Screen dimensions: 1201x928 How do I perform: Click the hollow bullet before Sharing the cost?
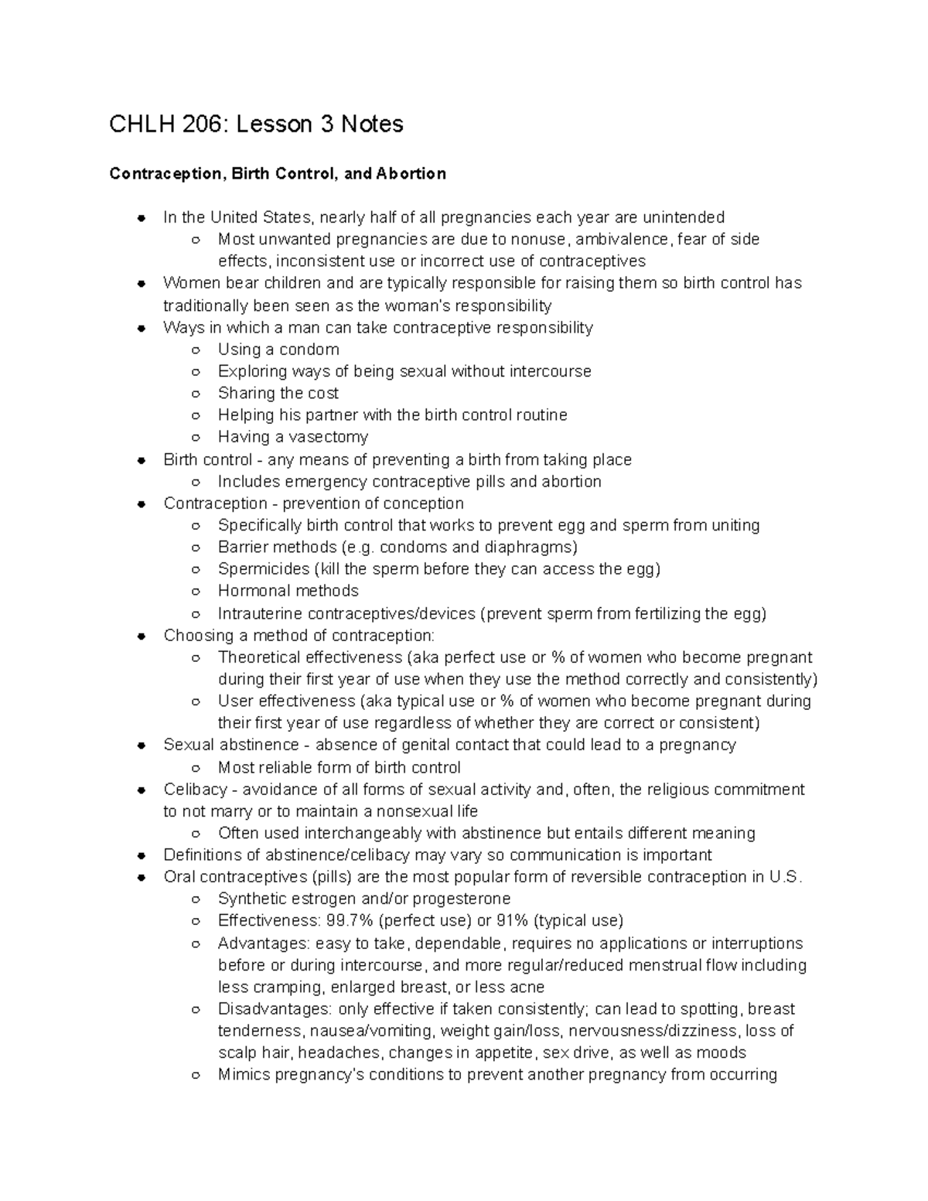197,394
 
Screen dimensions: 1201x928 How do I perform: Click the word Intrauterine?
261,614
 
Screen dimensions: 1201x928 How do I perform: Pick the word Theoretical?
259,657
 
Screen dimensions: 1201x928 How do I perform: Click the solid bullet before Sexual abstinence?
142,746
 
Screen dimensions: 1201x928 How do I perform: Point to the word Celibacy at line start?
195,790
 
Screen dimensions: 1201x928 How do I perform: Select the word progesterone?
462,899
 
